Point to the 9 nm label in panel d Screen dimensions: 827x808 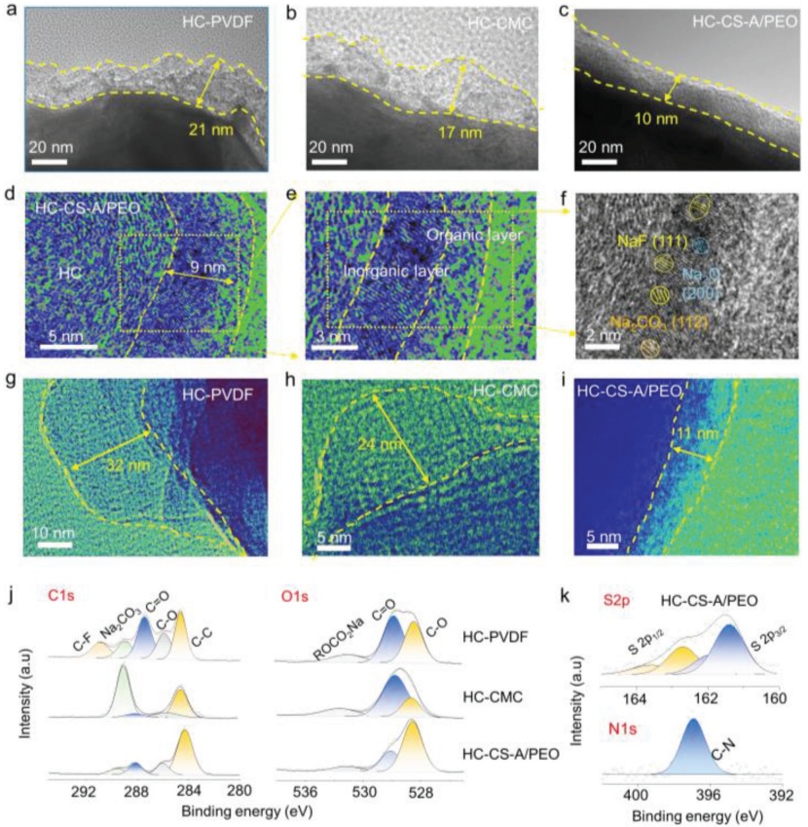point(187,266)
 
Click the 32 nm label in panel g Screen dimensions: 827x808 point(104,467)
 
